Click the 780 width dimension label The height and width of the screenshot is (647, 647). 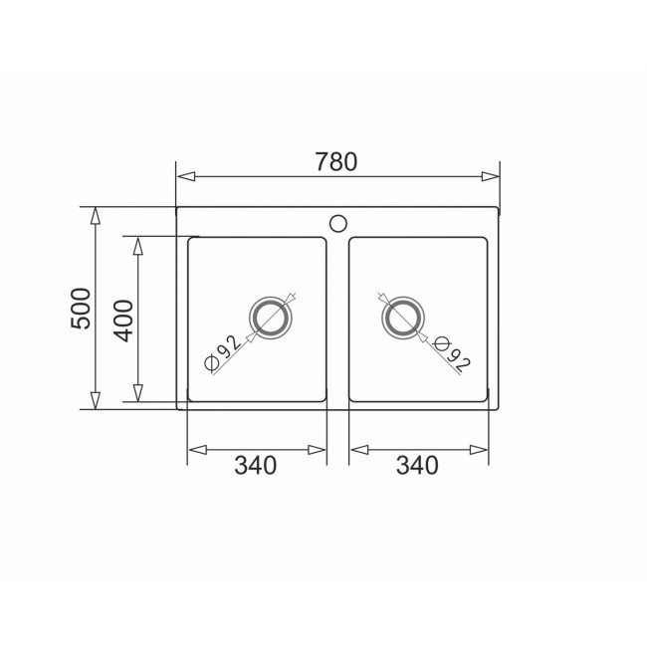pyautogui.click(x=336, y=161)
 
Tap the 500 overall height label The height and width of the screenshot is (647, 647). pyautogui.click(x=81, y=309)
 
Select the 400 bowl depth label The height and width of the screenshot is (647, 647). pyautogui.click(x=123, y=321)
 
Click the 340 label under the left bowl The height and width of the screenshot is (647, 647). pyautogui.click(x=256, y=465)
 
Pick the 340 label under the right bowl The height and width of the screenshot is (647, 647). pyautogui.click(x=417, y=465)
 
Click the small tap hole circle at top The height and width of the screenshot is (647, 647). pyautogui.click(x=338, y=223)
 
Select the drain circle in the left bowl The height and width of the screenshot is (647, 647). pyautogui.click(x=271, y=318)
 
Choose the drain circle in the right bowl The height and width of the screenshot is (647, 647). pyautogui.click(x=403, y=318)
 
